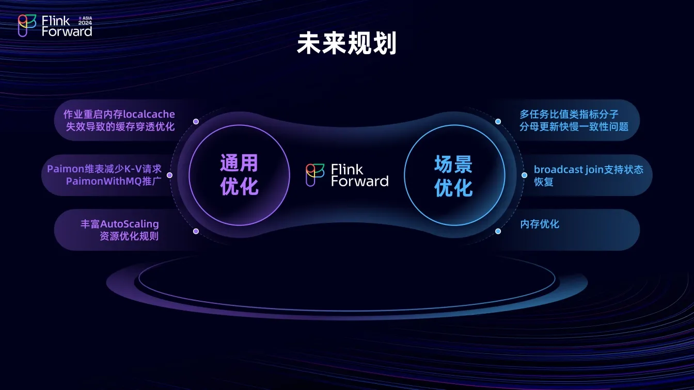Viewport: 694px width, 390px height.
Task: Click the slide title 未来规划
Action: click(x=346, y=43)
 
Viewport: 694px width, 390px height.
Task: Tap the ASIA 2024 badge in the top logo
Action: click(x=85, y=21)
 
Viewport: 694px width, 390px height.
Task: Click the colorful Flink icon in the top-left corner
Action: click(x=27, y=26)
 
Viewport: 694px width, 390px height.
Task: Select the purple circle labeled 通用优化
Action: click(x=239, y=175)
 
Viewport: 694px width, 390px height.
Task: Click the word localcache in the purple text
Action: click(x=149, y=114)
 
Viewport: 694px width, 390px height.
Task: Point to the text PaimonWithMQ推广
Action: click(x=114, y=181)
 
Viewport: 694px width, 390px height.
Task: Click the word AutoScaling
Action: click(x=130, y=224)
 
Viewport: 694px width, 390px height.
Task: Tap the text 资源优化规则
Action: click(x=129, y=236)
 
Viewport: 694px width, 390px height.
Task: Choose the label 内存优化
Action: click(x=540, y=224)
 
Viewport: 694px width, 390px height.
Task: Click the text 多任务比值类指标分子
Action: click(x=569, y=114)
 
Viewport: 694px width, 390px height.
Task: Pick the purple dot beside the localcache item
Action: click(x=196, y=122)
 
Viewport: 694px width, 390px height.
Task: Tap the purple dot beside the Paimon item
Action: click(x=169, y=175)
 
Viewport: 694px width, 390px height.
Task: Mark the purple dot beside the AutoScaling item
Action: click(x=196, y=231)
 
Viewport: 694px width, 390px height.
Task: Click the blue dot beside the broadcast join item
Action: click(x=524, y=175)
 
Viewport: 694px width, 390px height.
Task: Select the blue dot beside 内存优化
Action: click(x=498, y=231)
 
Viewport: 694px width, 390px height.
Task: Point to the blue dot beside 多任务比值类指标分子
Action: click(x=498, y=122)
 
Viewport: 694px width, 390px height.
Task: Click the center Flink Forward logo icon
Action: click(x=315, y=175)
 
